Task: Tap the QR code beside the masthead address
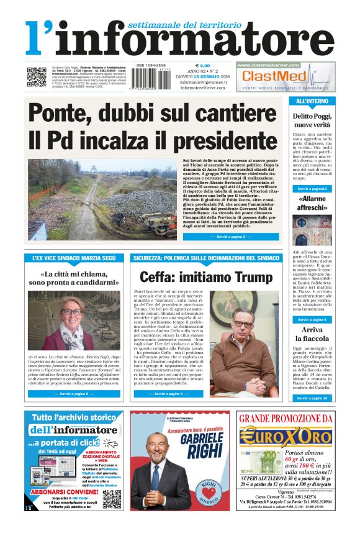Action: click(x=36, y=77)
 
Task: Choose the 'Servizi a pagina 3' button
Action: click(x=231, y=237)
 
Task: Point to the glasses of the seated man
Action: click(x=241, y=324)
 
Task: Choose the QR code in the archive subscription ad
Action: click(x=112, y=499)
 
